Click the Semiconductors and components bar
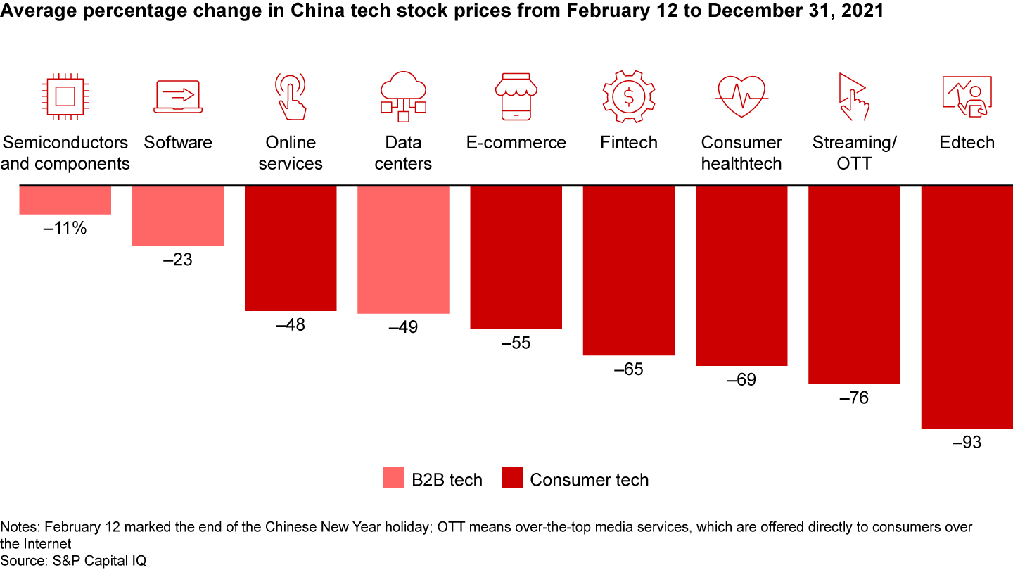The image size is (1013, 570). coord(65,200)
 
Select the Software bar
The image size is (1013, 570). coord(178,215)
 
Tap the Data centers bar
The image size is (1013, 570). coord(403,249)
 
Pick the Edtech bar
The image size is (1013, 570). coord(967,307)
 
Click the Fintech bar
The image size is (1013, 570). coord(629,270)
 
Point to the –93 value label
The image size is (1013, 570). coord(967,443)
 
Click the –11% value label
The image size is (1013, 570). coord(65,228)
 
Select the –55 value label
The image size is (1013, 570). coord(516,344)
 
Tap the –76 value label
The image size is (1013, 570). coord(854,398)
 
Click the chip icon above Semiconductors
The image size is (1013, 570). coord(65,94)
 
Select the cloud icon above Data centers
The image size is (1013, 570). coord(403,94)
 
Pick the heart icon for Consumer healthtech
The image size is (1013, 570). coord(741,96)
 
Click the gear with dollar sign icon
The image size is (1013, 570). coord(628,94)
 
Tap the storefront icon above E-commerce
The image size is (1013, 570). coord(516,94)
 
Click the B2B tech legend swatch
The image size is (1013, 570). coord(394,478)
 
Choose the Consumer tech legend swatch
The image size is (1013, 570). coord(512,478)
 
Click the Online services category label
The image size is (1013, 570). coord(291,153)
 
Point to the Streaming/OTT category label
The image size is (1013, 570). coord(854,153)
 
